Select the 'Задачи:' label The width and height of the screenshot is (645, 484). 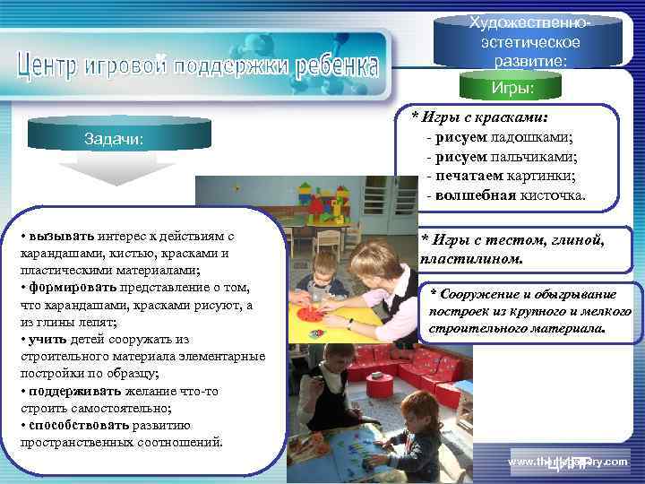point(114,138)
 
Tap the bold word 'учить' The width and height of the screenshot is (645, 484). point(46,339)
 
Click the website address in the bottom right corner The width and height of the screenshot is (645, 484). point(568,461)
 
